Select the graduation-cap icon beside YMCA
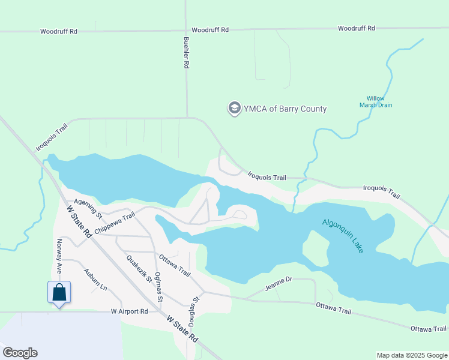click(x=234, y=109)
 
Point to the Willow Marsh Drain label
click(x=376, y=101)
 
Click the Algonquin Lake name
click(x=343, y=235)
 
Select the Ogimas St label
click(x=158, y=287)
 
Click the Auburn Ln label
click(x=95, y=280)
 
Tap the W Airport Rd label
click(x=129, y=311)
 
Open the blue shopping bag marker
click(x=59, y=293)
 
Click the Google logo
click(x=20, y=353)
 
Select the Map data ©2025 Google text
click(x=411, y=355)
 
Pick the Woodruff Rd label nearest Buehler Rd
click(x=210, y=29)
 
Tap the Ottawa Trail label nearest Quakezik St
click(x=175, y=265)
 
